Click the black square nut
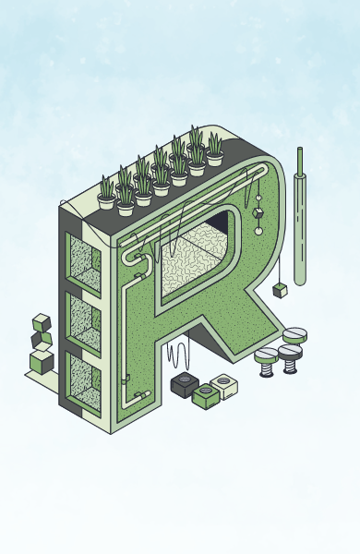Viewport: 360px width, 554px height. [185, 384]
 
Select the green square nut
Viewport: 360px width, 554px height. [206, 396]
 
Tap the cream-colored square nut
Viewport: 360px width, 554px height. [224, 386]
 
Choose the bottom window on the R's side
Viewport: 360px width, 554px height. [84, 382]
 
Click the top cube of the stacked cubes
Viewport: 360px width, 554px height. [42, 322]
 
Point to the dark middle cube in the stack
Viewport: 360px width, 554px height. [42, 341]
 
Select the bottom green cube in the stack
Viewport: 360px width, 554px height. [42, 362]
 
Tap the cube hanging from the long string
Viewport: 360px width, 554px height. [280, 291]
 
